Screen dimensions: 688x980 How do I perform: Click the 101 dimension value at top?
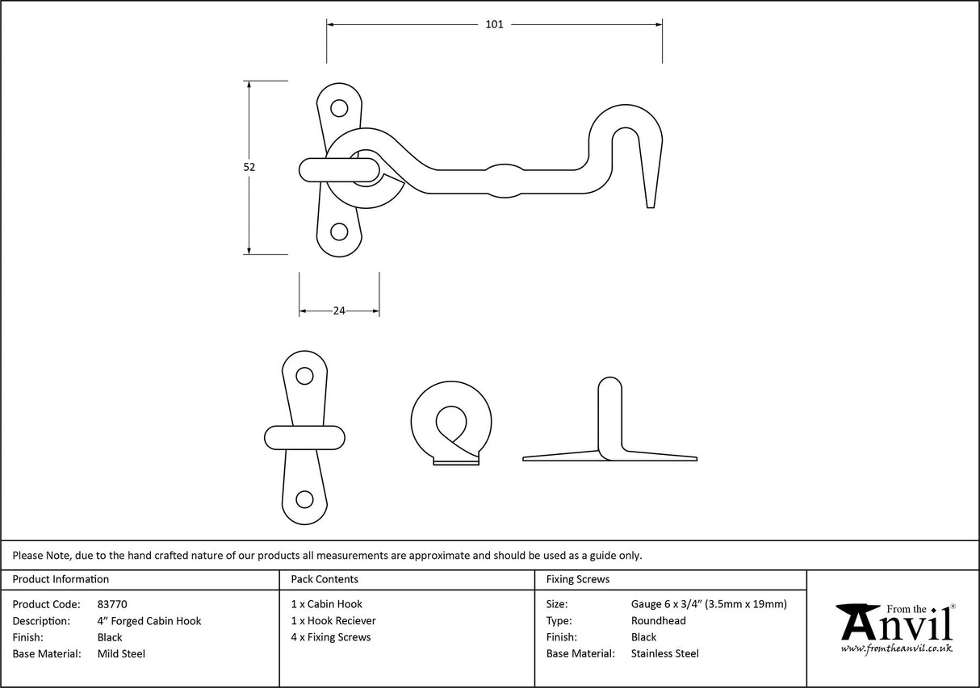coord(494,25)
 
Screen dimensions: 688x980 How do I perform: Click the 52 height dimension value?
coord(249,167)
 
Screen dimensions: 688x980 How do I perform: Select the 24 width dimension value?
coord(339,311)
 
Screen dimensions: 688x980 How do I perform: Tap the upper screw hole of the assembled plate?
coord(339,107)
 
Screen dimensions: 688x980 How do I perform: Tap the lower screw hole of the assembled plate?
coord(339,232)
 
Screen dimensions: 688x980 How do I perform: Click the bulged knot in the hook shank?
coord(505,180)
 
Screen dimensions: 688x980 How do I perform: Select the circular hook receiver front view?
coord(450,422)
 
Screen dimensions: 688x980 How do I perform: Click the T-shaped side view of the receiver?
coord(610,427)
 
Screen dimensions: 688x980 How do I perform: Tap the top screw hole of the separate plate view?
coord(304,375)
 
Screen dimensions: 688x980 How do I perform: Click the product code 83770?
coord(112,604)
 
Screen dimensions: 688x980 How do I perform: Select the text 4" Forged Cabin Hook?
coord(149,621)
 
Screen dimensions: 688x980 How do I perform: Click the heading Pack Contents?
coord(325,579)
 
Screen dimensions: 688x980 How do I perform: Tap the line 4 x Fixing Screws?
coord(331,637)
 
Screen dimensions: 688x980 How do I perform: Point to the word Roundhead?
coord(658,621)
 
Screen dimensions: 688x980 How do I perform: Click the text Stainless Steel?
coord(664,654)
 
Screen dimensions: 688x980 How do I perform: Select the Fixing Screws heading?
coord(578,579)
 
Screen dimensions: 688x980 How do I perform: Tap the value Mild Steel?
coord(121,654)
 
